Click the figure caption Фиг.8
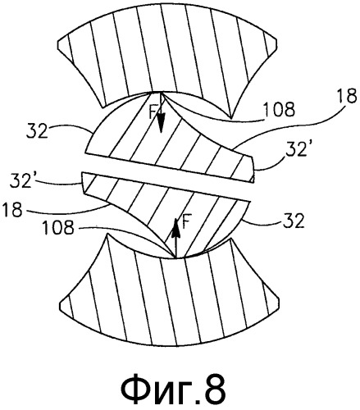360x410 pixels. coord(174,389)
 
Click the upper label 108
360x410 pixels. coord(278,110)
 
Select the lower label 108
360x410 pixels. coord(58,227)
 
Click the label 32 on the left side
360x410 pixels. coord(38,131)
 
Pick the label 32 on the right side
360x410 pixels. coord(294,221)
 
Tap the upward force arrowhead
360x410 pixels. coord(175,227)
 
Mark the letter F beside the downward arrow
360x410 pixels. coord(153,113)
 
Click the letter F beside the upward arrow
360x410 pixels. coord(185,221)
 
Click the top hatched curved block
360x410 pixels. coord(167,49)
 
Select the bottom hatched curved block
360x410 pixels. coord(169,298)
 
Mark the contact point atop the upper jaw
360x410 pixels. coord(161,93)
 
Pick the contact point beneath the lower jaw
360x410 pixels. coord(175,257)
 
